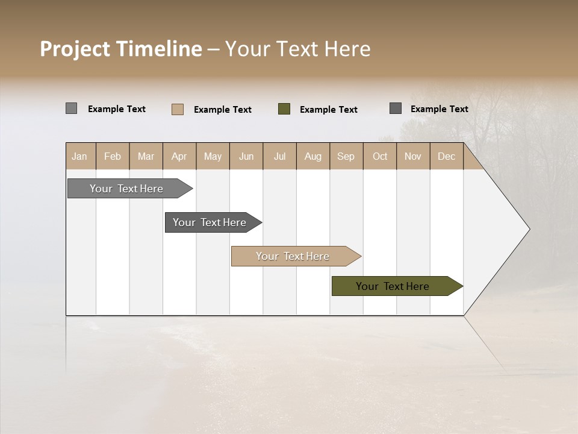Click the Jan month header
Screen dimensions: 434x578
pyautogui.click(x=80, y=156)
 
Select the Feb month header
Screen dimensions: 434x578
pyautogui.click(x=113, y=156)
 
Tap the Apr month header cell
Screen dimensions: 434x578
pyautogui.click(x=179, y=156)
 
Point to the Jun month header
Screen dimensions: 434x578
pyautogui.click(x=246, y=156)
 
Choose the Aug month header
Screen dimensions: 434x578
pyautogui.click(x=313, y=156)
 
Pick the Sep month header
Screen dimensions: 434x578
pyautogui.click(x=346, y=156)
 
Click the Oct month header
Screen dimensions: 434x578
pyautogui.click(x=380, y=156)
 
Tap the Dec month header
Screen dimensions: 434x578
pyautogui.click(x=447, y=156)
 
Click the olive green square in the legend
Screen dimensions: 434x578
pyautogui.click(x=284, y=109)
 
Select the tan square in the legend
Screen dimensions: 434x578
pyautogui.click(x=178, y=109)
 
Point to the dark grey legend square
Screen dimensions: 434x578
pyautogui.click(x=396, y=108)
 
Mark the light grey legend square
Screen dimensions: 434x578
pyautogui.click(x=71, y=108)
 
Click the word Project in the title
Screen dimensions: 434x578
pyautogui.click(x=75, y=49)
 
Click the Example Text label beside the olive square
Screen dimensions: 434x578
pyautogui.click(x=329, y=110)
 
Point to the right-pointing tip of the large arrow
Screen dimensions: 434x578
pyautogui.click(x=528, y=229)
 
